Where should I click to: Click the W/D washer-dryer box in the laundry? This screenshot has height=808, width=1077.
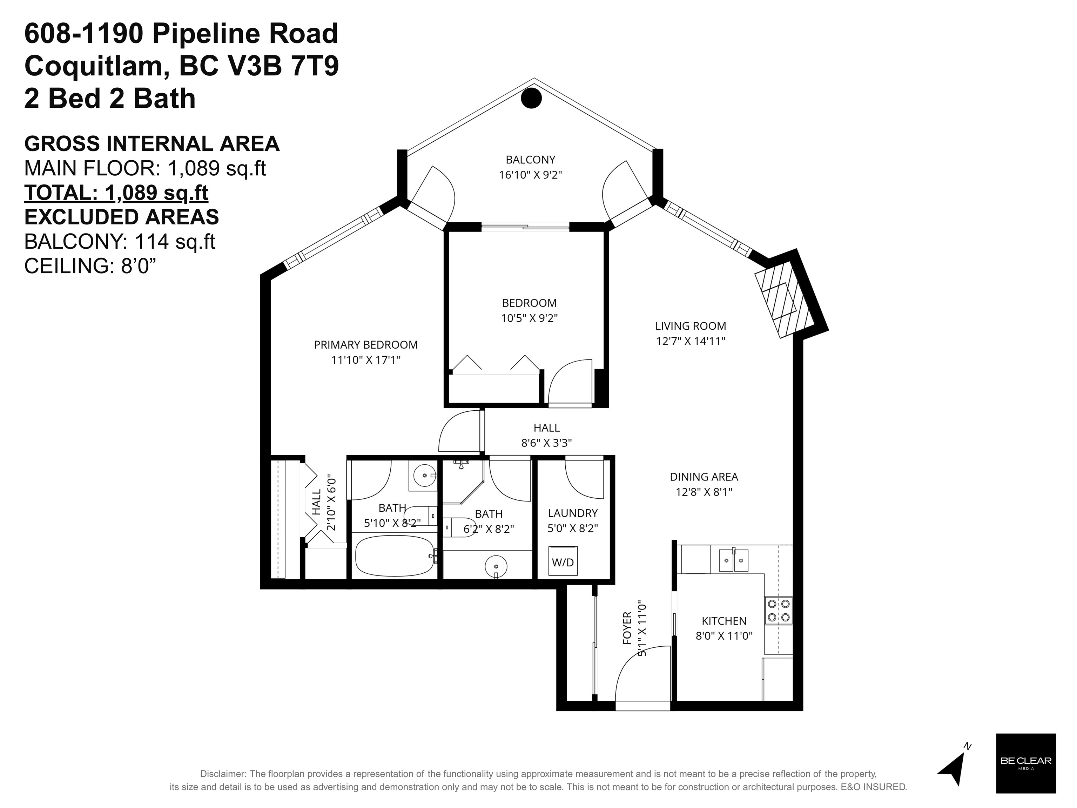point(563,561)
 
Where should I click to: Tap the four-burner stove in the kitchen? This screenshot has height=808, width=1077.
point(779,610)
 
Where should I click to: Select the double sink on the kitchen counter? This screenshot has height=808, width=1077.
point(734,559)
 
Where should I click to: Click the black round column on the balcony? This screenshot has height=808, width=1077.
point(531,98)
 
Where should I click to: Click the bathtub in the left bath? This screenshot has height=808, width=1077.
point(395,555)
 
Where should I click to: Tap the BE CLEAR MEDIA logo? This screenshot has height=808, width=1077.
point(1026,763)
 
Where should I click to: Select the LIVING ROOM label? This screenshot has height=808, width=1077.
point(691,326)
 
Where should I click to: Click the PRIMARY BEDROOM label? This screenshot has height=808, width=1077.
point(366,345)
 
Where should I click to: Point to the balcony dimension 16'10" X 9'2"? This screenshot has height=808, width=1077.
point(530,175)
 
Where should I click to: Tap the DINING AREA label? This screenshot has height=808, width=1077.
point(704,477)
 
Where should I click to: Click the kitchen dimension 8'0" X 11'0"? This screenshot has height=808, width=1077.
point(724,636)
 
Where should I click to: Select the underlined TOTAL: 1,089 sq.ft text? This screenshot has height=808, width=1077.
point(116,193)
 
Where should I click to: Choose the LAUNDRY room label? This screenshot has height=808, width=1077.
point(573,513)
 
